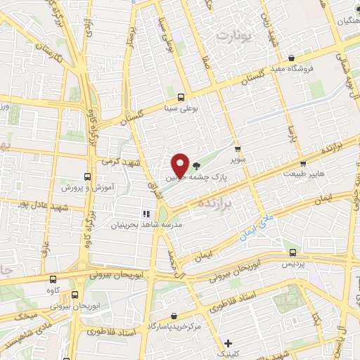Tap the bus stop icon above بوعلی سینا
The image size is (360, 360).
[181, 98]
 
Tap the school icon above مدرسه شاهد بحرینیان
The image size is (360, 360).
[147, 214]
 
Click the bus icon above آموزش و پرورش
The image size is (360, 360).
[87, 176]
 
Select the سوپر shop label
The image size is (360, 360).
[240, 160]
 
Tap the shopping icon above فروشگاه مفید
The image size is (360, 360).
[291, 58]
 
